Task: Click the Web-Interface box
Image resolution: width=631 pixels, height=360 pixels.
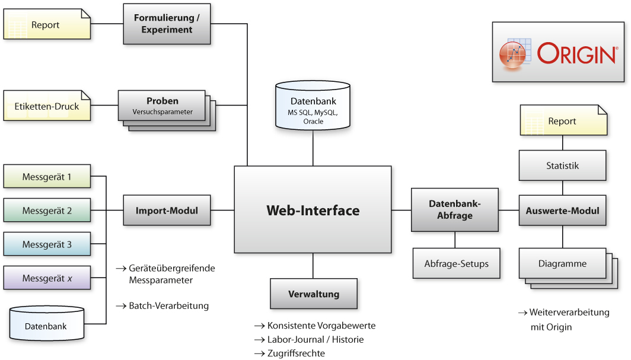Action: click(x=313, y=209)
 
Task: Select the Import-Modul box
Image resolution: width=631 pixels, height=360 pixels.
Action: click(x=167, y=210)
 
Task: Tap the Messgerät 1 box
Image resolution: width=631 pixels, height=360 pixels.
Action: click(x=47, y=176)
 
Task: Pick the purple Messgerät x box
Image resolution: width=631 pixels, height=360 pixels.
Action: click(x=47, y=278)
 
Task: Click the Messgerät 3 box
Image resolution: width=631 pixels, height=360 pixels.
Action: click(x=47, y=244)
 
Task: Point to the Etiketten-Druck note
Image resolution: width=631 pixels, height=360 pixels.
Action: click(x=47, y=106)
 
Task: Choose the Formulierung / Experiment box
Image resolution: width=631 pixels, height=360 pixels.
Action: click(x=167, y=24)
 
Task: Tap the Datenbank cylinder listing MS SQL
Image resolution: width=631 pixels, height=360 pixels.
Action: click(x=313, y=106)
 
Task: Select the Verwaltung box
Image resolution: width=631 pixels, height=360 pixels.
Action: click(x=314, y=294)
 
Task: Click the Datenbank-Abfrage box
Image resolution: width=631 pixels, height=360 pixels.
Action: click(x=455, y=209)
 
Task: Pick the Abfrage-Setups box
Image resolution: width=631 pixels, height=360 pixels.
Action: click(x=457, y=263)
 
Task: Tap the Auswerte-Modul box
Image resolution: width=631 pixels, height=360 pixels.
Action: click(x=562, y=211)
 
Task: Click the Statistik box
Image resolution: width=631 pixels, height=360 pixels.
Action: click(x=562, y=165)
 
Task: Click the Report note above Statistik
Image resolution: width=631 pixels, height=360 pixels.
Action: click(x=563, y=120)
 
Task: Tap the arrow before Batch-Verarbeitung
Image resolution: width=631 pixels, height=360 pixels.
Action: click(x=121, y=306)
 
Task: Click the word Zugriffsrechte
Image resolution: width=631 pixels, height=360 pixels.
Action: click(x=296, y=353)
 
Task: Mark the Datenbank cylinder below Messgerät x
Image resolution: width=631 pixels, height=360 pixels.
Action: click(x=47, y=324)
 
